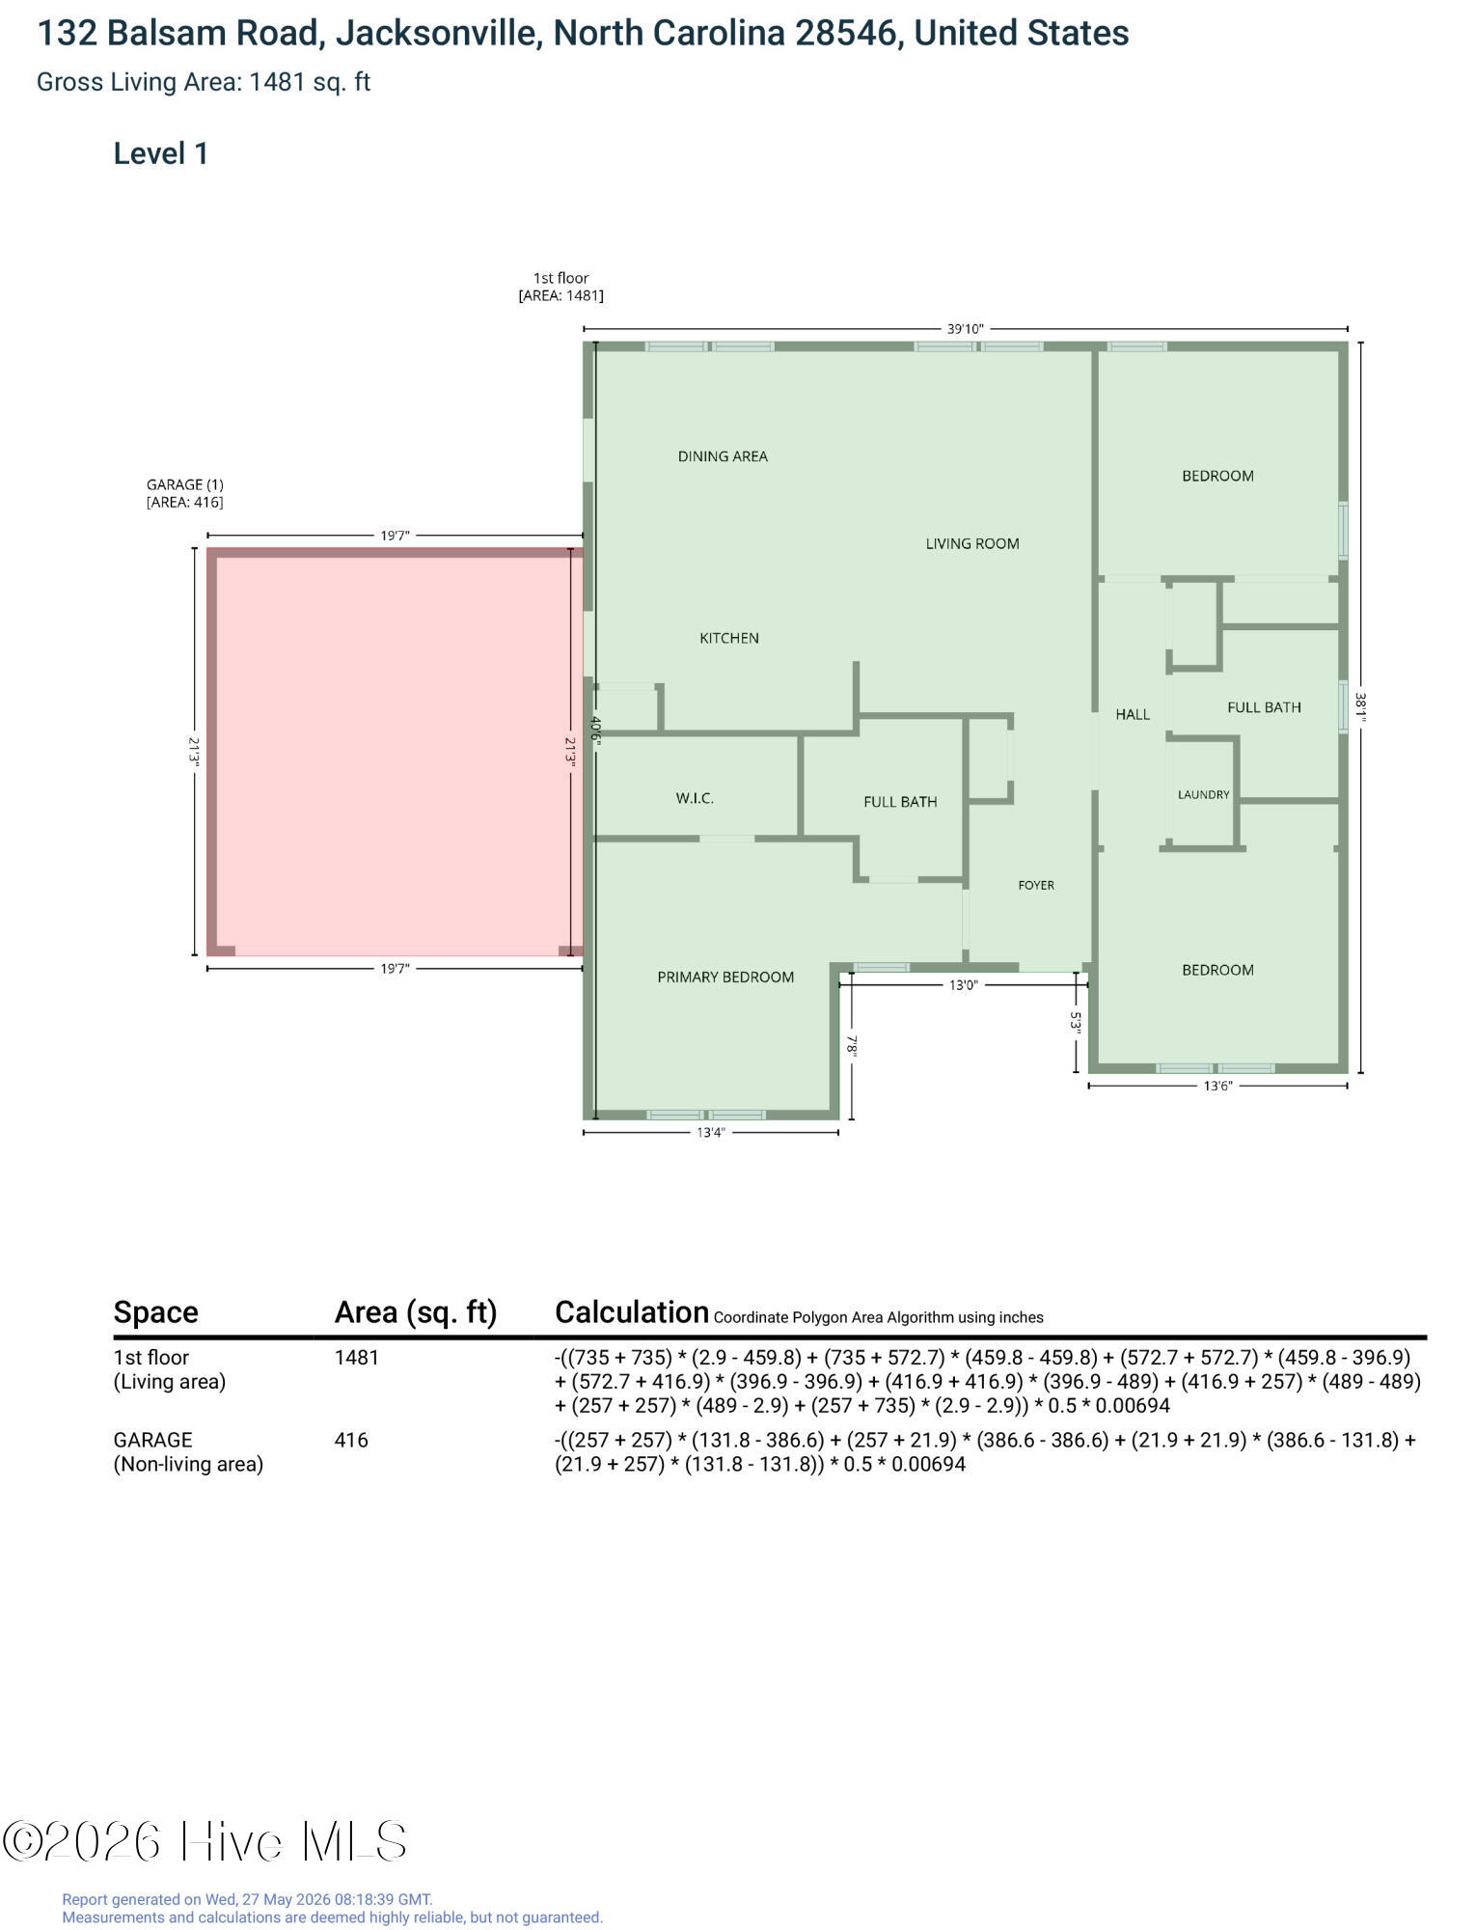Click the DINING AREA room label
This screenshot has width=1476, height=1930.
[x=723, y=456]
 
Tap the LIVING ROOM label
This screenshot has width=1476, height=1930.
[x=972, y=543]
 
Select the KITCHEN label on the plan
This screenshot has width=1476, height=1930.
[x=729, y=638]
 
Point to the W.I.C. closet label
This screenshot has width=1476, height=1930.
[x=695, y=798]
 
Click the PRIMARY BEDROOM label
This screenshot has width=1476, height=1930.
[x=725, y=977]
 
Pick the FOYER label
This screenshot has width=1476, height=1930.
[x=1036, y=885]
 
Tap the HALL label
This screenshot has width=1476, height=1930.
[x=1133, y=714]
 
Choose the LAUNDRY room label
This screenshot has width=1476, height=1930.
[x=1204, y=795]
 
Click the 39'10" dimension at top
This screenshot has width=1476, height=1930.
[x=966, y=329]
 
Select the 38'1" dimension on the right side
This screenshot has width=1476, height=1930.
[x=1360, y=707]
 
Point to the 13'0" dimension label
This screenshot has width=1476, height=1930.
[x=963, y=985]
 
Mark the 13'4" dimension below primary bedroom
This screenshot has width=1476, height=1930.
[x=711, y=1133]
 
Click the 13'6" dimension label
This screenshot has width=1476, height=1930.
[x=1217, y=1086]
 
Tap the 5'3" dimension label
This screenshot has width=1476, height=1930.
[x=1077, y=1022]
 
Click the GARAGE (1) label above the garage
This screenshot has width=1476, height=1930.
[x=185, y=484]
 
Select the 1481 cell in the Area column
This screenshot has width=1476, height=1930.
[x=357, y=1358]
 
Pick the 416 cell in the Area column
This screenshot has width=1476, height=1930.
[x=351, y=1440]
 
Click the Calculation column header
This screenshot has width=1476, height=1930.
[x=632, y=1312]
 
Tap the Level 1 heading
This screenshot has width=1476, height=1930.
[x=161, y=153]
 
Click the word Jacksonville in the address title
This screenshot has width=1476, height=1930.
[x=436, y=34]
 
